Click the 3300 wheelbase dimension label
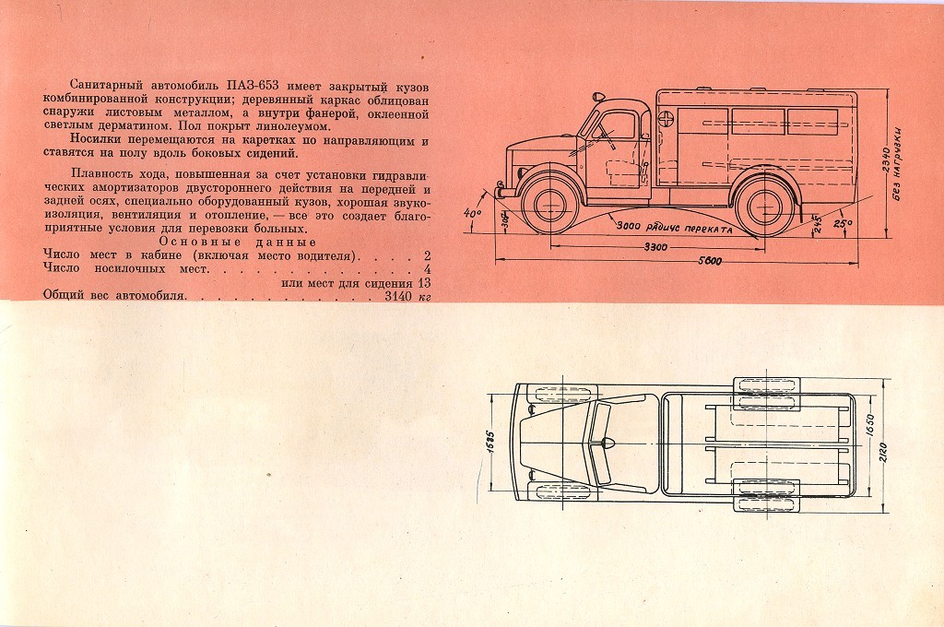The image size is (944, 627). tap(655, 247)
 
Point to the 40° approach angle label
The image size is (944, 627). tap(474, 214)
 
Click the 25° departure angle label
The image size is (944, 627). tap(843, 223)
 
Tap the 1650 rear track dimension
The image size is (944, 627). tap(869, 425)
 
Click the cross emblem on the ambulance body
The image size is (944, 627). tap(666, 117)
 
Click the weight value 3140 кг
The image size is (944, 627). tap(408, 296)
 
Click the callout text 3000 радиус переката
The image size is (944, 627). tap(674, 228)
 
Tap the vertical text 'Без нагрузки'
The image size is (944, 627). tap(898, 164)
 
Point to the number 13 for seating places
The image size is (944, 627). tap(424, 283)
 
